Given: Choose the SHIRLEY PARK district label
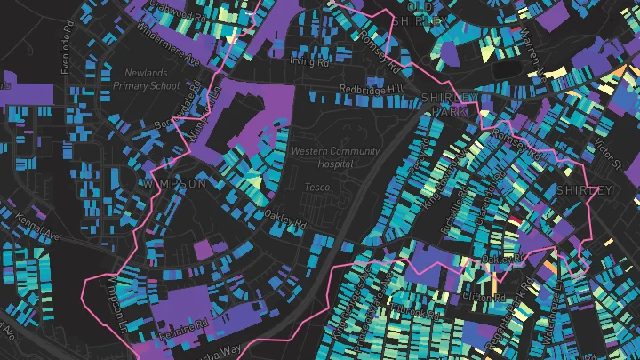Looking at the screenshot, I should (x=449, y=103).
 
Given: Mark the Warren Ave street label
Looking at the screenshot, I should (x=532, y=49).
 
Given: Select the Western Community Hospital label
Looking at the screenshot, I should (x=334, y=157).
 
